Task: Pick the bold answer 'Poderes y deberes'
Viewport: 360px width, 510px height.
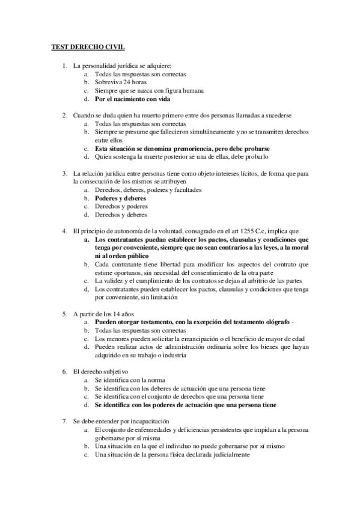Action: (121, 198)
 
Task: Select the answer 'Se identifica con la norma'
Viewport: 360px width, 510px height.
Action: (130, 380)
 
